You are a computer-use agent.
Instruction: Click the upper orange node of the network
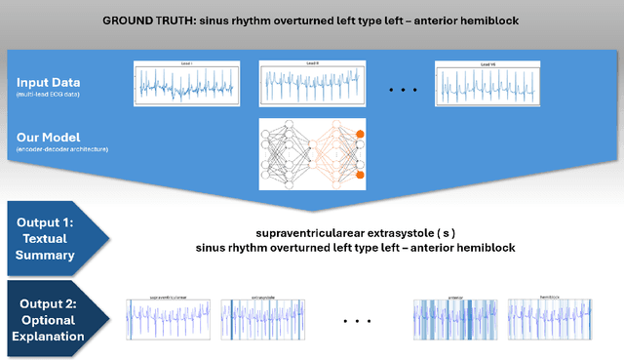360,134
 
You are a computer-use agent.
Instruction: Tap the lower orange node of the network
360,176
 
